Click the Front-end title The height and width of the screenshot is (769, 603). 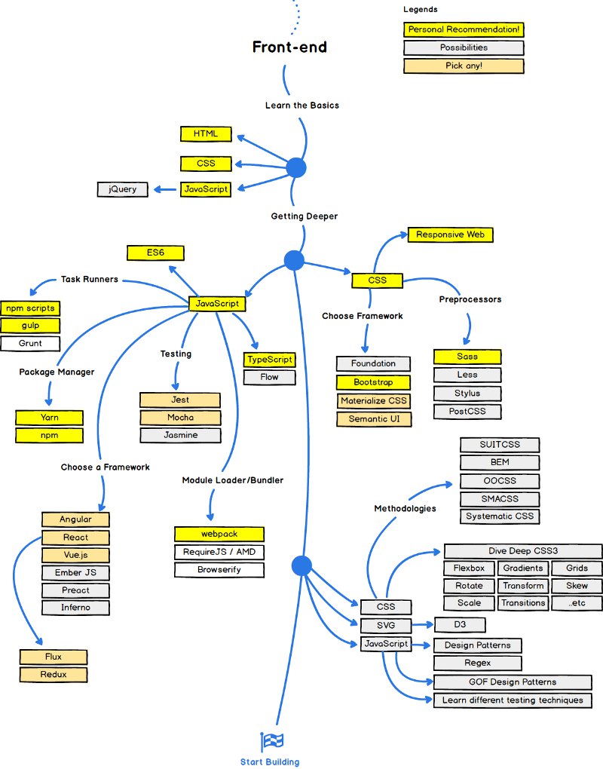289,47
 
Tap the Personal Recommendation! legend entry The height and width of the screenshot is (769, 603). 464,29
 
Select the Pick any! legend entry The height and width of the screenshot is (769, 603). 464,66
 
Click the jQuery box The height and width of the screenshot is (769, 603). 123,189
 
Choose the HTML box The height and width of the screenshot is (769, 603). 206,134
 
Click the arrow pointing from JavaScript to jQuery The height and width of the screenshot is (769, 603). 165,189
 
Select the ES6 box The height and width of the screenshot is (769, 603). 155,253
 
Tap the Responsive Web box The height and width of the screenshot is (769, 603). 451,235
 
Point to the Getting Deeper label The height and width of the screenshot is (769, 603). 305,216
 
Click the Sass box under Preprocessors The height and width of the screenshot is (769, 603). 467,357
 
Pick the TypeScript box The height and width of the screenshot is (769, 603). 270,360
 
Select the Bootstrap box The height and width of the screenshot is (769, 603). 374,382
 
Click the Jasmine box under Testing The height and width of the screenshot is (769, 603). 180,435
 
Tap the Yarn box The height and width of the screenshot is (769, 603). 49,418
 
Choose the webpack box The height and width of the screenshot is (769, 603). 219,534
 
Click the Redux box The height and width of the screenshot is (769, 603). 54,675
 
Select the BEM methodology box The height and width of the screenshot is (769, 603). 500,462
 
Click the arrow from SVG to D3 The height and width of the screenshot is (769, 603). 423,625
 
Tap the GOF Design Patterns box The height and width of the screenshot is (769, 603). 513,682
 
